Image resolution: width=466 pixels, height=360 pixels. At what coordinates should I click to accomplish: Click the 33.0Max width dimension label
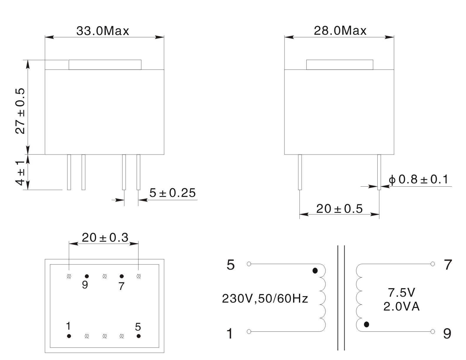tap(103, 31)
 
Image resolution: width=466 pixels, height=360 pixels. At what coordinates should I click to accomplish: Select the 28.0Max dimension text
tap(340, 31)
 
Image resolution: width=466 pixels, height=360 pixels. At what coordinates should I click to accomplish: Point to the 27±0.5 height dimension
tap(20, 111)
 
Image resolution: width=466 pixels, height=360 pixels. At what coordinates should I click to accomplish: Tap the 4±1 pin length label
tap(20, 173)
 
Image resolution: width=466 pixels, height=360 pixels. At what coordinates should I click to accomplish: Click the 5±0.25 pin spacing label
tap(172, 193)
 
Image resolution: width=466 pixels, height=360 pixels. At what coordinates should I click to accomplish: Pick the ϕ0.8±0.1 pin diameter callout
tap(418, 179)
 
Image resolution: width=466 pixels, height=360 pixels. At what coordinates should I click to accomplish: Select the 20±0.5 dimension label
tap(339, 209)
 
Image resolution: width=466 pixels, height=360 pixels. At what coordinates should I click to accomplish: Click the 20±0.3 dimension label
tap(105, 238)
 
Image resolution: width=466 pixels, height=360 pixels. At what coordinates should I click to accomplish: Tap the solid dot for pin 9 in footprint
tap(87, 276)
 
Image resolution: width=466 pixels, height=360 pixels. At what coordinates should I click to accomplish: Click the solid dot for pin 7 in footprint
tap(122, 276)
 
